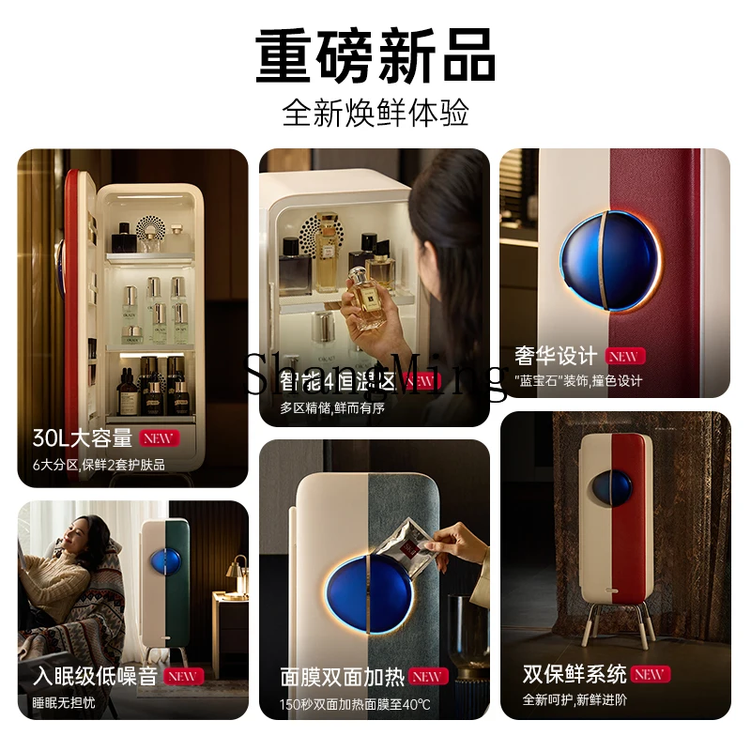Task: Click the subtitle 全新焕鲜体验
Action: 375,114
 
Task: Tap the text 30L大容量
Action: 83,438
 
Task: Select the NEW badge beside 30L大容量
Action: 160,438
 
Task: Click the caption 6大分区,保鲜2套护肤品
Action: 99,465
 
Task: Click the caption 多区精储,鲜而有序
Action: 332,407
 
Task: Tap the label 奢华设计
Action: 556,357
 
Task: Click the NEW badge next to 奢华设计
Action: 621,357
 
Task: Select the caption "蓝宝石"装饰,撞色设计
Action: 578,381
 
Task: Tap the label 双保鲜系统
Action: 575,674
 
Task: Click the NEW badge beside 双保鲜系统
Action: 649,674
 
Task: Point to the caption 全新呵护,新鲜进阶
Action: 575,700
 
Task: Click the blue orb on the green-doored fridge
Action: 162,574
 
